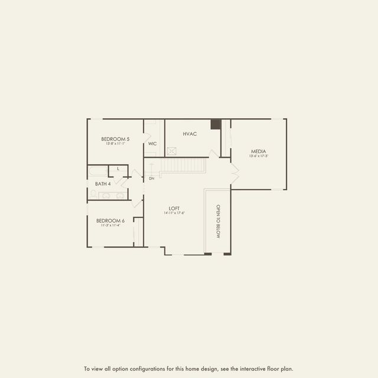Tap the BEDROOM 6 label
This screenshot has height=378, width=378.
pyautogui.click(x=110, y=220)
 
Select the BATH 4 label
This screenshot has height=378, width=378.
pyautogui.click(x=103, y=184)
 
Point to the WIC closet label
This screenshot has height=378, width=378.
pyautogui.click(x=152, y=144)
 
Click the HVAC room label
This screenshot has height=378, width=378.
pyautogui.click(x=190, y=134)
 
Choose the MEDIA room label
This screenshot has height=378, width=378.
pyautogui.click(x=259, y=151)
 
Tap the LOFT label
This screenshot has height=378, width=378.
pyautogui.click(x=174, y=208)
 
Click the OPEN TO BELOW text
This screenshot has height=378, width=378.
pyautogui.click(x=217, y=221)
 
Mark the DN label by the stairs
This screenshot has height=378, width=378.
pyautogui.click(x=151, y=178)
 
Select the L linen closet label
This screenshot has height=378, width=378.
pyautogui.click(x=118, y=169)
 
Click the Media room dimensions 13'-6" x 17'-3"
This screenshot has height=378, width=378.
pyautogui.click(x=259, y=157)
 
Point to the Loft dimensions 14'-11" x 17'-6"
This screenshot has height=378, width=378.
pyautogui.click(x=174, y=213)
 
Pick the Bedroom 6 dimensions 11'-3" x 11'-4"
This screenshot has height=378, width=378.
pyautogui.click(x=110, y=225)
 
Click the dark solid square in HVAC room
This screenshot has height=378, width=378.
pyautogui.click(x=216, y=125)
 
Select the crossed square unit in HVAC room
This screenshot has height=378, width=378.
pyautogui.click(x=172, y=151)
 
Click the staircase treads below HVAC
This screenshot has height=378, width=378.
pyautogui.click(x=183, y=165)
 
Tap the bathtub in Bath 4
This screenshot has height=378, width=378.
pyautogui.click(x=97, y=172)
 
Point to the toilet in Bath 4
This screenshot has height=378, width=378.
pyautogui.click(x=93, y=193)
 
